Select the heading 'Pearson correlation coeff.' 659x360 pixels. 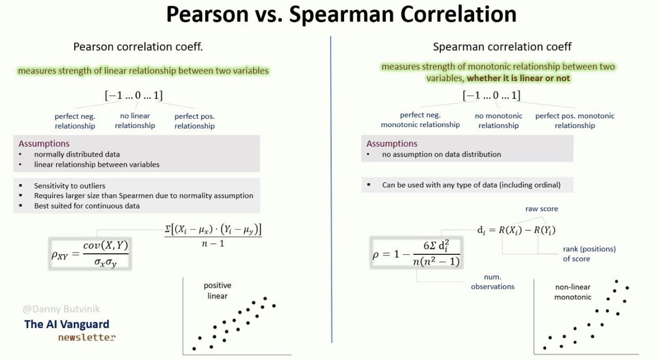138,47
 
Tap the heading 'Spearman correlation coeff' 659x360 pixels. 502,47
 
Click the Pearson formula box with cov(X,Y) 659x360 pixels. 90,253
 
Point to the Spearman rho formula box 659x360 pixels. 416,252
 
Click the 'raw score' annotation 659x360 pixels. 541,209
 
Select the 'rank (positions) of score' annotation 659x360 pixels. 589,254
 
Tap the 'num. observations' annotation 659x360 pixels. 492,282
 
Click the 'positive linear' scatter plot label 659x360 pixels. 217,290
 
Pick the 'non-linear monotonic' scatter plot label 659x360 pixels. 572,292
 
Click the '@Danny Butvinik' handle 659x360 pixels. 61,308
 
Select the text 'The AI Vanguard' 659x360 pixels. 67,324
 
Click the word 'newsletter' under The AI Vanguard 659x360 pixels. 87,337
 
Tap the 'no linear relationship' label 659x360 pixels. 135,121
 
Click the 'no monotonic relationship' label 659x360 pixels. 498,121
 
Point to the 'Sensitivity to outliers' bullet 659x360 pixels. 70,186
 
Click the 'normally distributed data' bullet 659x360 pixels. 77,154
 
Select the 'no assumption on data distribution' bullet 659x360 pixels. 441,155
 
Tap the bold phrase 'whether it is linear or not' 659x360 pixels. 518,78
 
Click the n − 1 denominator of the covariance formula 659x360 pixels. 212,244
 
